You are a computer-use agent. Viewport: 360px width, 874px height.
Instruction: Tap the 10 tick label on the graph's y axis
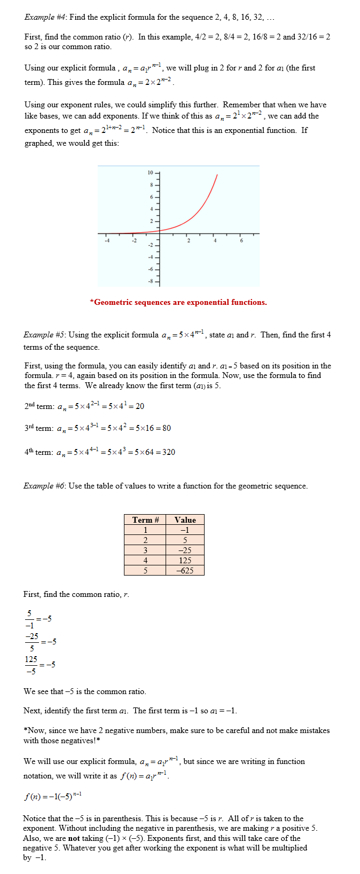click(150, 173)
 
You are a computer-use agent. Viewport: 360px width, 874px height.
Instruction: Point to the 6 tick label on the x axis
click(241, 241)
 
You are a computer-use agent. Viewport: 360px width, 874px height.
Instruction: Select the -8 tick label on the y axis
click(150, 281)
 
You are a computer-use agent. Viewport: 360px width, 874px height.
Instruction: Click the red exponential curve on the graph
click(203, 203)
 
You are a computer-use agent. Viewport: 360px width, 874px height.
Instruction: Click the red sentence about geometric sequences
click(178, 302)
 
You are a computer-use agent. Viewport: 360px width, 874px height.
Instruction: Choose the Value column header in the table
click(185, 520)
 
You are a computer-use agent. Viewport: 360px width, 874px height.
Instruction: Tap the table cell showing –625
click(185, 570)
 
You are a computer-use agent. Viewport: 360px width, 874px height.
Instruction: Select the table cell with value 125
click(185, 560)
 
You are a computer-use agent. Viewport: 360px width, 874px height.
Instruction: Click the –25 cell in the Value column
click(185, 550)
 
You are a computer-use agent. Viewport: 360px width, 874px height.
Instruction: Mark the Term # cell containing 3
click(145, 550)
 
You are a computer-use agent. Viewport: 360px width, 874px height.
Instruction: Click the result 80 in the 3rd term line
click(167, 428)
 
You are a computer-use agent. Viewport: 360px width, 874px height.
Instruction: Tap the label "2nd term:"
click(39, 406)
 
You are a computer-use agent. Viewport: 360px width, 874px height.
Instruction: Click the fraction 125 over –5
click(31, 665)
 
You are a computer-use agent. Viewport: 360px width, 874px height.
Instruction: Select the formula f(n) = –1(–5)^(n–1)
click(52, 797)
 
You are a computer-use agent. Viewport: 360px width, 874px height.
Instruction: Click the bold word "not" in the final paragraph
click(74, 838)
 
